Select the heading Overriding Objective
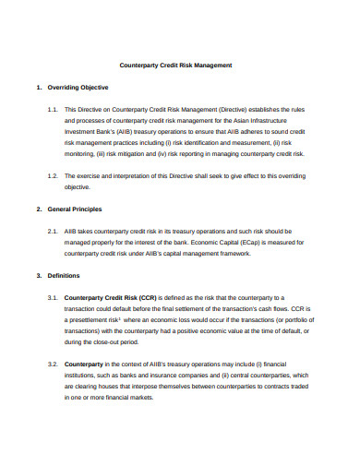coord(78,87)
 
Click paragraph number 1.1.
coord(52,109)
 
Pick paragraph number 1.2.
coord(52,174)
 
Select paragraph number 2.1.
coord(52,232)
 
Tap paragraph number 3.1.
coord(52,298)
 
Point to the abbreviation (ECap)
coord(278,243)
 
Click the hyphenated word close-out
coord(118,341)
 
